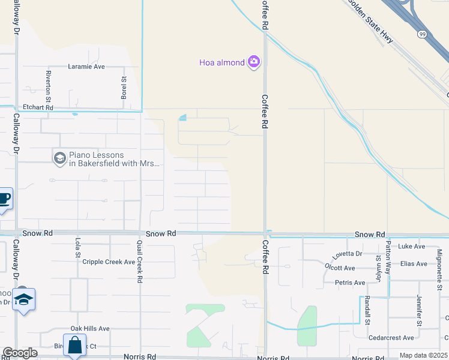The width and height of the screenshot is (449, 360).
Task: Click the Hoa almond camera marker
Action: (x=253, y=62)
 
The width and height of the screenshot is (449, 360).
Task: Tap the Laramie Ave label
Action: (x=86, y=67)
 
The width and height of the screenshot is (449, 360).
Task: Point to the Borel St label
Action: (x=124, y=88)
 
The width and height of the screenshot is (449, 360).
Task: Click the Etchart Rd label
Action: (x=38, y=107)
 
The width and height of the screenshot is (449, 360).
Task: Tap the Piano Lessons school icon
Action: (x=59, y=158)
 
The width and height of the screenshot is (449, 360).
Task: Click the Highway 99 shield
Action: (x=422, y=34)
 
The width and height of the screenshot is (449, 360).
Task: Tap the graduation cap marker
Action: (x=23, y=300)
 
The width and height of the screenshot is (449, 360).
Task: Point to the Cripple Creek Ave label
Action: (x=109, y=262)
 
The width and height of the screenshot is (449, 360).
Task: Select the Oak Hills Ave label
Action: (x=90, y=328)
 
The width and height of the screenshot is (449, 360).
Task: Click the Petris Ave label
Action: (x=350, y=283)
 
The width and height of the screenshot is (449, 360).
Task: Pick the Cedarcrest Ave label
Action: (x=391, y=338)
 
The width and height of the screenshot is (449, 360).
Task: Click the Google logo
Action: (x=20, y=353)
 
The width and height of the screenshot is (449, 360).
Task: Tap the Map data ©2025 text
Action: (x=423, y=356)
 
